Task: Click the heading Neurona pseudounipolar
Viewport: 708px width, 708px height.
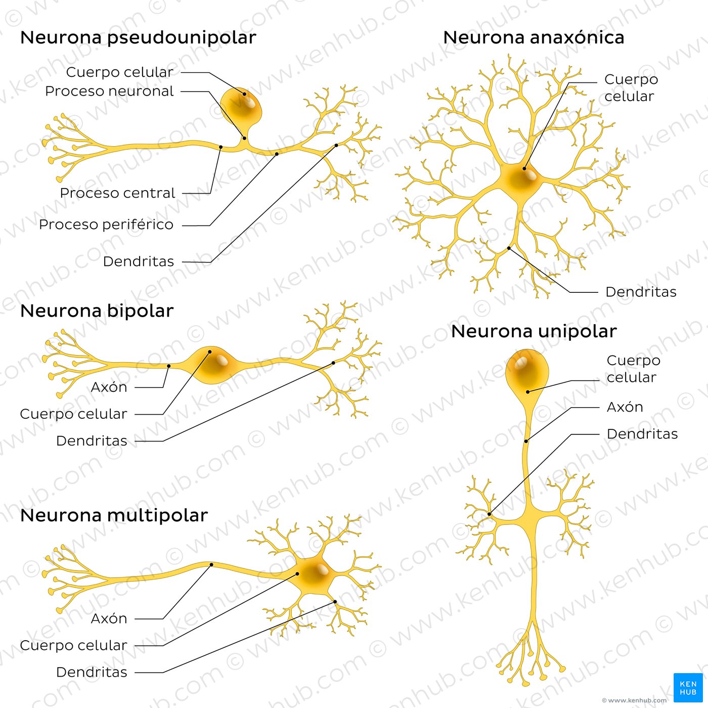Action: (x=138, y=38)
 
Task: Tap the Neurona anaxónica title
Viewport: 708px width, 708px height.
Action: (x=534, y=38)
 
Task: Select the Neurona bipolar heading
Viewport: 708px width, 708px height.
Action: (x=97, y=311)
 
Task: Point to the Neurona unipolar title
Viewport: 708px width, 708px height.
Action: (x=534, y=332)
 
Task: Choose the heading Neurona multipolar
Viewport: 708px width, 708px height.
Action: (x=114, y=515)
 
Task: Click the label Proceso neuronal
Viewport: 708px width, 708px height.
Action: (x=109, y=92)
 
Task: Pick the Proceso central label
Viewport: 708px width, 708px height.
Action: (x=117, y=193)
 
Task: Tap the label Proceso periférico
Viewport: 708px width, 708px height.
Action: (x=106, y=225)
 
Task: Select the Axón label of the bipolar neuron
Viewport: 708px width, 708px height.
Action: (x=109, y=387)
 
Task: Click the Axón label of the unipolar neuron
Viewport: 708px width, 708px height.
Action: (x=625, y=407)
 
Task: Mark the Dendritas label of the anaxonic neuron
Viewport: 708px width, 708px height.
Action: (x=641, y=292)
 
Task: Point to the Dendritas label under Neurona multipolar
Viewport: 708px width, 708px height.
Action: (x=92, y=672)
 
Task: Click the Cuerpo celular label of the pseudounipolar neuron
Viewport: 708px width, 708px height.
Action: (x=119, y=72)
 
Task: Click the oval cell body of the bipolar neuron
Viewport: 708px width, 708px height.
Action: (x=212, y=364)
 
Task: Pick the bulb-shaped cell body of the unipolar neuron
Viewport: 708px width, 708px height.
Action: (x=527, y=372)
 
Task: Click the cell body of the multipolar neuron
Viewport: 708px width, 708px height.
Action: (x=311, y=577)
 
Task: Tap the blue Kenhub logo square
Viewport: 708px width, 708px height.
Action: (x=688, y=687)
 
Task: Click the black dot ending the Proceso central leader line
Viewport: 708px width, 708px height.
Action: (x=220, y=147)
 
